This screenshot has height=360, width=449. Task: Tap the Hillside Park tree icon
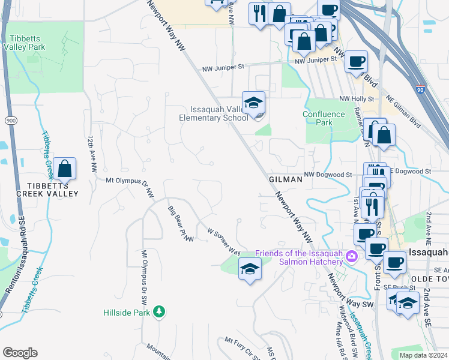(x=159, y=311)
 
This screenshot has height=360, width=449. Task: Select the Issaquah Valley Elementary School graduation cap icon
(x=253, y=103)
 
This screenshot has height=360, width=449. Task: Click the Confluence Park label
(x=324, y=118)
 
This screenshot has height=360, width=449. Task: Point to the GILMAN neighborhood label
(x=282, y=179)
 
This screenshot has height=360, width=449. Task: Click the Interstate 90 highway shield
(x=419, y=88)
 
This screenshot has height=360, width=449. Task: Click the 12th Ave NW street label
(x=92, y=155)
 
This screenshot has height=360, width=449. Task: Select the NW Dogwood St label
(x=327, y=175)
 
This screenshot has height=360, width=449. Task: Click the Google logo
(x=20, y=353)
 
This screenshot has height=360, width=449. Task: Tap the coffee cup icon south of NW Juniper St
(x=356, y=61)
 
